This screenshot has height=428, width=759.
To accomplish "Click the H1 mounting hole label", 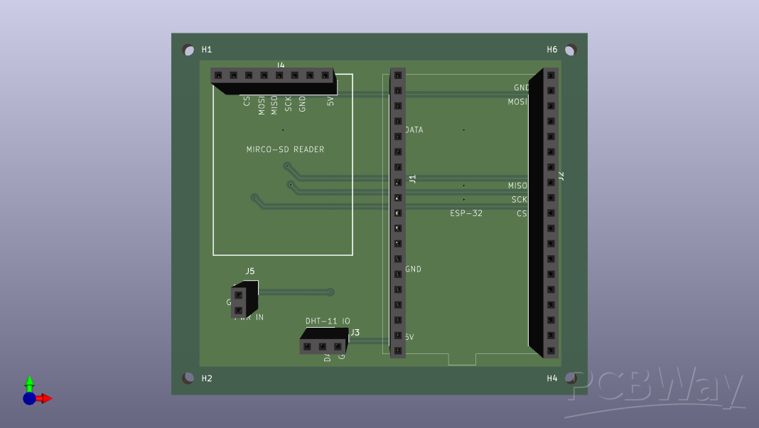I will click(x=207, y=50).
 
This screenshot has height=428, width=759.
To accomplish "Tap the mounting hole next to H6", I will click(x=570, y=50).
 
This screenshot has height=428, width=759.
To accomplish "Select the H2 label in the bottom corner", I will click(x=207, y=378).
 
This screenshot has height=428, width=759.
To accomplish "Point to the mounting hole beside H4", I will click(x=570, y=378).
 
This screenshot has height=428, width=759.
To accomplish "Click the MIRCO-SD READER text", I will click(x=285, y=149).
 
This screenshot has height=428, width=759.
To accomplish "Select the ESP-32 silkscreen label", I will click(x=466, y=213).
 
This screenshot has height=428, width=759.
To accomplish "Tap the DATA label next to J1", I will click(x=414, y=130).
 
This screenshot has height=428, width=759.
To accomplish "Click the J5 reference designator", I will click(x=250, y=271).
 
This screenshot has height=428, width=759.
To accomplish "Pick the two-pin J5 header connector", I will click(x=240, y=301).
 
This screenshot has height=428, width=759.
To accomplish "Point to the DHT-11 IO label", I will click(x=328, y=321).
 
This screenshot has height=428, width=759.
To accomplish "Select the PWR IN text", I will click(x=249, y=318).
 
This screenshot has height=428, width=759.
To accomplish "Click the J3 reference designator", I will click(x=355, y=332).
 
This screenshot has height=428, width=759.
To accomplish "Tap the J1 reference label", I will click(x=412, y=179).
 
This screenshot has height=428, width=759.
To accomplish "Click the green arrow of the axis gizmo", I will click(x=29, y=382).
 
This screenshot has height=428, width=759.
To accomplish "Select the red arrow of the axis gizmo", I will click(x=46, y=398).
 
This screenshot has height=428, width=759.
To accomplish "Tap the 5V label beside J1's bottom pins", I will click(x=409, y=337).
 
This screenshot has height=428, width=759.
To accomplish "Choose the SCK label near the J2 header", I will click(x=520, y=200).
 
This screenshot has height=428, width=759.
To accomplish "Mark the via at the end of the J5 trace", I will click(x=330, y=291).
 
